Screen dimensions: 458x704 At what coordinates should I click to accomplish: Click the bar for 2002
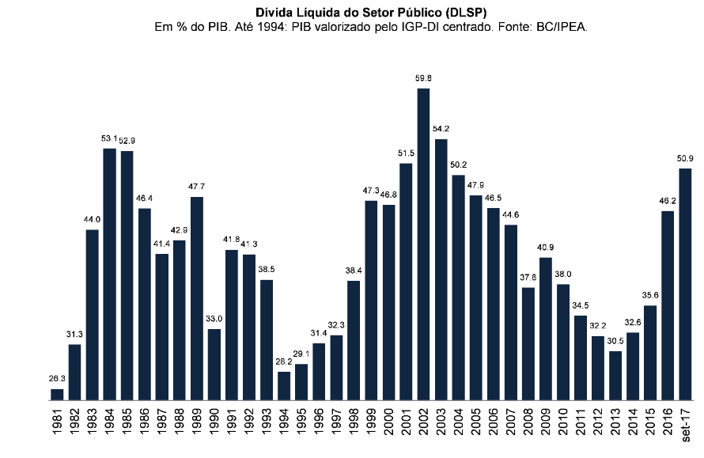(423, 244)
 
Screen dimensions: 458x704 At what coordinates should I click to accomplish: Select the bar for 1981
(57, 395)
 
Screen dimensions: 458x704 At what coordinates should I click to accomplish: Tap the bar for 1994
(284, 386)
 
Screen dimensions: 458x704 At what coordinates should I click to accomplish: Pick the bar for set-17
(685, 284)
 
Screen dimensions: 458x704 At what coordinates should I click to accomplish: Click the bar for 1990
(214, 365)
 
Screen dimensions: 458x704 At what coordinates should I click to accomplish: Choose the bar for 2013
(615, 376)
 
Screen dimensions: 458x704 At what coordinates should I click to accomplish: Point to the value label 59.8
(423, 78)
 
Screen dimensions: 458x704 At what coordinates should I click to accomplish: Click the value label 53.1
(109, 138)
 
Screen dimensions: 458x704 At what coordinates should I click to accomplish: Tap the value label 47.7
(197, 187)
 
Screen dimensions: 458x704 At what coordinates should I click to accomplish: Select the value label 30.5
(615, 341)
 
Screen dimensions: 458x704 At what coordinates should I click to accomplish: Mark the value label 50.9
(685, 158)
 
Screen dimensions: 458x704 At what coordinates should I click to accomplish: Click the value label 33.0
(214, 318)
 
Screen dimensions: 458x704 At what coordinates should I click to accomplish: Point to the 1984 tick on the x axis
(109, 425)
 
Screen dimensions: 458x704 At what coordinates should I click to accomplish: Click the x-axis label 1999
(371, 425)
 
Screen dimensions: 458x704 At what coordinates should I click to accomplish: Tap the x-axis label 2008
(528, 425)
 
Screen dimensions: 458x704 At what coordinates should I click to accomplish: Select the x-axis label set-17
(685, 427)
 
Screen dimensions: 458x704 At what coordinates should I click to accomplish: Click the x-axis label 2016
(668, 425)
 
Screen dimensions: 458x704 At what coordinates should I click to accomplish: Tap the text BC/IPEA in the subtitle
(562, 27)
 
